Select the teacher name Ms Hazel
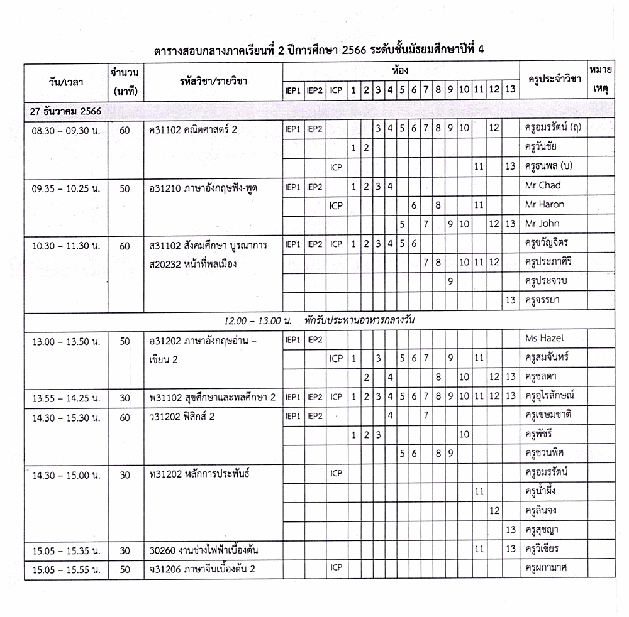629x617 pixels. pyautogui.click(x=543, y=338)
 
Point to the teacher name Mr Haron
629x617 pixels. pyautogui.click(x=544, y=204)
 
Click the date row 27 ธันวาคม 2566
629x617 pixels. pyautogui.click(x=66, y=111)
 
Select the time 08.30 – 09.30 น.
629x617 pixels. pyautogui.click(x=66, y=129)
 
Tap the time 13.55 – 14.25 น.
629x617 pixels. pyautogui.click(x=66, y=396)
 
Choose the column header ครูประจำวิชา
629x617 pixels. pyautogui.click(x=554, y=80)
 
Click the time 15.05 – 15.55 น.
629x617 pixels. pyautogui.click(x=66, y=569)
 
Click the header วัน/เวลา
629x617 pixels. pyautogui.click(x=65, y=80)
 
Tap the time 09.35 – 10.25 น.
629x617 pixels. pyautogui.click(x=66, y=187)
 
